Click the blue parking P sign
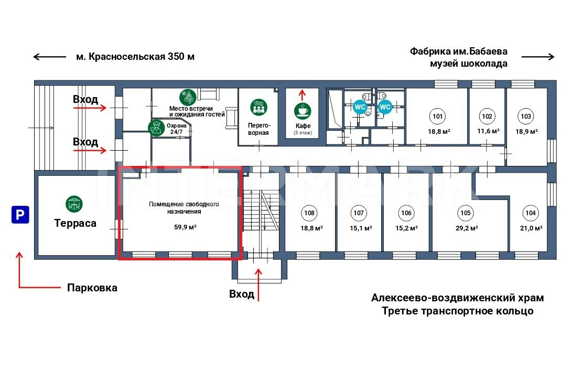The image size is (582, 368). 20,215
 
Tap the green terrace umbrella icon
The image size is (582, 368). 74,204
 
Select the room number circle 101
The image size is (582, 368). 437,116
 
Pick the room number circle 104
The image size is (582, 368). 530,213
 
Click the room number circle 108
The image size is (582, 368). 309,213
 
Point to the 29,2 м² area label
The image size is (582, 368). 466,228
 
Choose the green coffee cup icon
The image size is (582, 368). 303,111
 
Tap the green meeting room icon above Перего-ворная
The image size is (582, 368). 258,108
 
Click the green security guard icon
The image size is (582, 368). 155,128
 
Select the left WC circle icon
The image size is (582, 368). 360,107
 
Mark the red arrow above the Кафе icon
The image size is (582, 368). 302,94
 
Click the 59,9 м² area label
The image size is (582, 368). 186,227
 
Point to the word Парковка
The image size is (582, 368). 92,288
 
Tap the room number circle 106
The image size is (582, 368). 406,213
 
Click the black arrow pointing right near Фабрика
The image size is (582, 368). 537,57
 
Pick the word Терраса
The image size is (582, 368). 76,223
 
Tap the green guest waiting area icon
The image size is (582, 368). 187,97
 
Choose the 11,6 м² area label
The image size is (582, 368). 488,131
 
